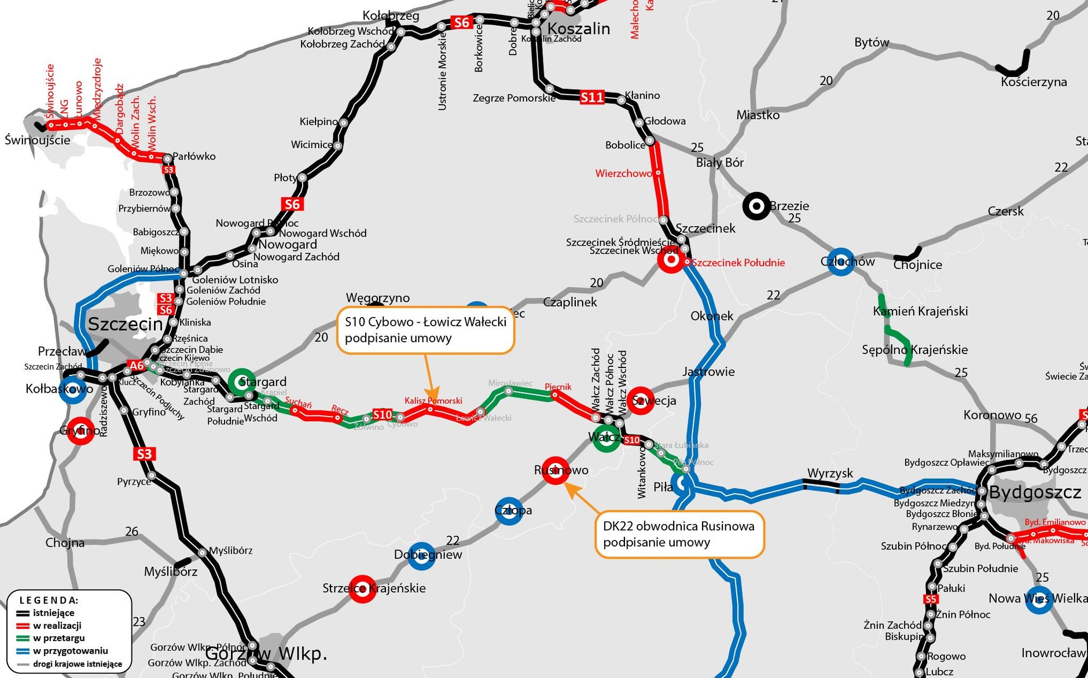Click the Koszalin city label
tap(578, 28)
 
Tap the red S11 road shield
tap(592, 97)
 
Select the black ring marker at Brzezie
tap(756, 206)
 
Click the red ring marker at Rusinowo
tap(556, 470)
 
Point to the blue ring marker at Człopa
tap(509, 511)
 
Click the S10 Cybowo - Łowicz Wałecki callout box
tap(425, 330)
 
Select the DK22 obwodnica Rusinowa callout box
tap(679, 534)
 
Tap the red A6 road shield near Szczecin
tap(137, 366)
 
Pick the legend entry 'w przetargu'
tap(58, 638)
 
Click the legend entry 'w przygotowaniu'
tap(70, 651)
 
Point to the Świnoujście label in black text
tap(38, 140)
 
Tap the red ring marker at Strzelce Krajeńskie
tap(362, 589)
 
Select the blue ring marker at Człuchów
tap(840, 262)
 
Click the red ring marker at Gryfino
tap(80, 430)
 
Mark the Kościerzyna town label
tap(1034, 82)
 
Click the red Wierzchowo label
tap(623, 174)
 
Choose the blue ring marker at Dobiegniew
tap(421, 556)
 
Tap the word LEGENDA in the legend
tap(49, 600)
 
